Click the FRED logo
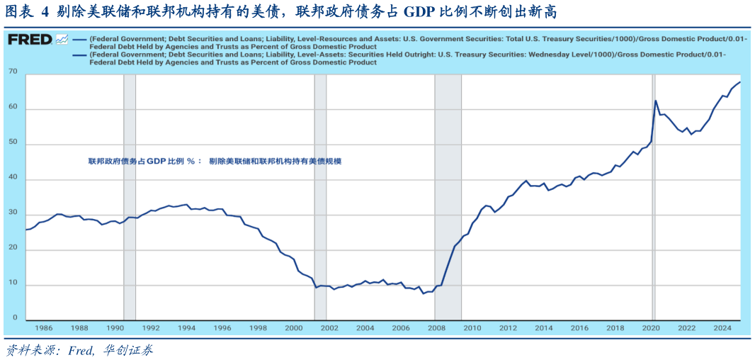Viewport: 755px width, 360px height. point(29,40)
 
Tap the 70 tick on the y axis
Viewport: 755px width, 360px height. point(13,72)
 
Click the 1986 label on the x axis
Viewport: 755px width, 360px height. point(44,328)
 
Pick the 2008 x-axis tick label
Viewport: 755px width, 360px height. point(437,328)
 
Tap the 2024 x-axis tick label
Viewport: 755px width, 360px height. point(722,328)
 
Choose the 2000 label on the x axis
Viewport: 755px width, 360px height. point(294,328)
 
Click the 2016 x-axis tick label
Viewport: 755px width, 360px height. point(579,328)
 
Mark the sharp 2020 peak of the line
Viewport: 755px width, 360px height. point(655,101)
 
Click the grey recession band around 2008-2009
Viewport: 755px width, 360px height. point(448,198)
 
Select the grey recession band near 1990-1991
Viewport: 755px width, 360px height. point(130,198)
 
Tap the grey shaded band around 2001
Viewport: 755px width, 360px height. point(320,198)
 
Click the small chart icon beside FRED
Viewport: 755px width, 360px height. point(62,40)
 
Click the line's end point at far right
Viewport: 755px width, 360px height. point(740,82)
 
